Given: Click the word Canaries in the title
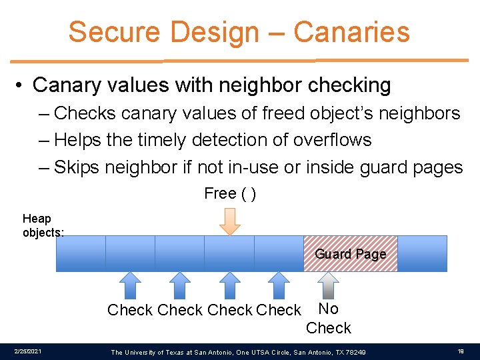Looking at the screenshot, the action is [351, 31].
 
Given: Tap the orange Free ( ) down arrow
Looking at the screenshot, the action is [230, 221].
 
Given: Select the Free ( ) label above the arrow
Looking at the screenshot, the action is [230, 194].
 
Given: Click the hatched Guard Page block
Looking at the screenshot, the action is [350, 253].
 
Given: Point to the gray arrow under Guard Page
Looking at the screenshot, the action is [328, 285].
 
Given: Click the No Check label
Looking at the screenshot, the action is [328, 318].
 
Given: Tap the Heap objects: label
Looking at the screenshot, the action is [43, 225].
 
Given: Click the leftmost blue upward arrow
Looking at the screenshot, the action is [131, 285].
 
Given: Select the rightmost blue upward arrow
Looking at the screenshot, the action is [279, 285].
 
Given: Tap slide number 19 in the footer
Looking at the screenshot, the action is [461, 351].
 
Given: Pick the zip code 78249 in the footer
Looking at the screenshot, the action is [355, 351].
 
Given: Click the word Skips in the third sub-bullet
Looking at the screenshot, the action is [77, 167].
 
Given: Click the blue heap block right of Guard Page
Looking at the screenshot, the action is [422, 253].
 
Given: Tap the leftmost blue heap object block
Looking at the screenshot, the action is [81, 253].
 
